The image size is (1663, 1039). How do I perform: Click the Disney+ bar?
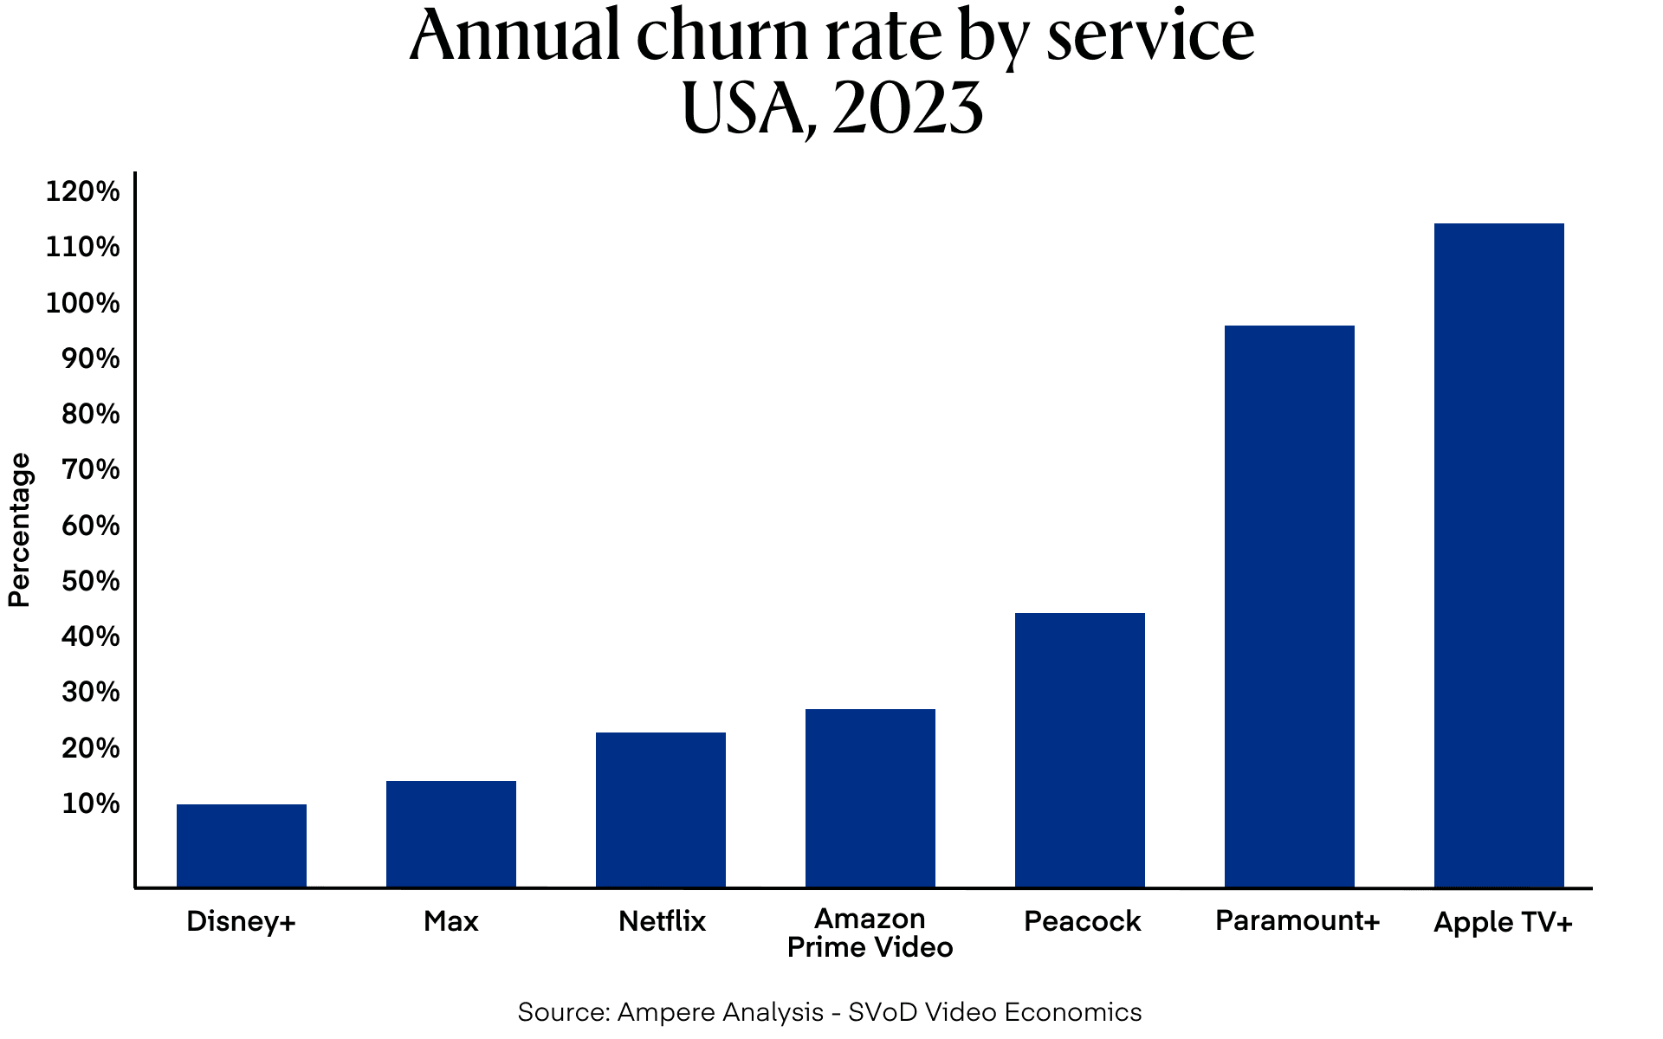241,846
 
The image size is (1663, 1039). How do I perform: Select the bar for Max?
450,834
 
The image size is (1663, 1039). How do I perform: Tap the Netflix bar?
660,810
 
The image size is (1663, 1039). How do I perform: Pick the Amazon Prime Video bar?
870,797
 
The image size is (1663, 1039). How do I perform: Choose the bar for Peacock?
1079,750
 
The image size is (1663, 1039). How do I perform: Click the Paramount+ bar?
1289,606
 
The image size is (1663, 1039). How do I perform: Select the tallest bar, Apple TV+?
1498,555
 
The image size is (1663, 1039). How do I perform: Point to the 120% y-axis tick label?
82,192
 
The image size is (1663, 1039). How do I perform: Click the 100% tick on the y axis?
82,304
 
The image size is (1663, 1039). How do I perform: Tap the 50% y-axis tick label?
90,582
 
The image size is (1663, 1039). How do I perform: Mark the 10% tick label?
90,804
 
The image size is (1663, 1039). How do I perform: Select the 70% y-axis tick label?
90,470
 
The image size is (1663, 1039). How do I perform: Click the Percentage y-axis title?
19,530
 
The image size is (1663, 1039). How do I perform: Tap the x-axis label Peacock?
1082,921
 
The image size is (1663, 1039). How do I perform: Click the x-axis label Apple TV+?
1503,922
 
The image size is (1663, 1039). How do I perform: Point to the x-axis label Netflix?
662,921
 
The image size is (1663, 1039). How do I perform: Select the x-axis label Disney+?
241,921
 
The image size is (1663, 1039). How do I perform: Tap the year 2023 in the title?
907,110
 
